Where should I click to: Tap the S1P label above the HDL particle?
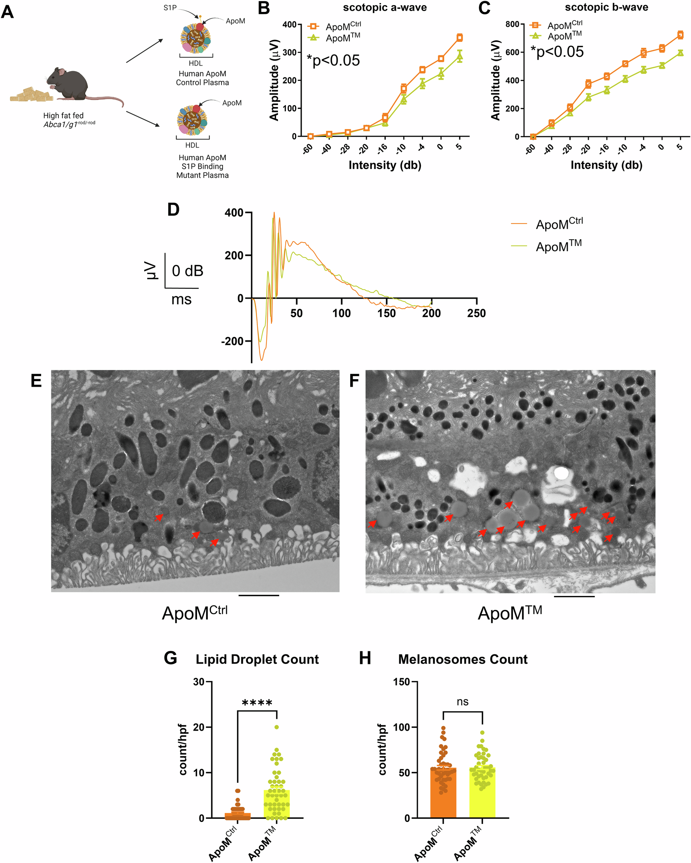[170, 8]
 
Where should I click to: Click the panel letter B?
[264, 8]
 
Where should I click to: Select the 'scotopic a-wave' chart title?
[385, 8]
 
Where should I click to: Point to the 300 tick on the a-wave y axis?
[289, 53]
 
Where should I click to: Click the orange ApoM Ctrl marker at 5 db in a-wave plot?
[460, 38]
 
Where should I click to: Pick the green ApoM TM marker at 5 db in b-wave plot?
[680, 53]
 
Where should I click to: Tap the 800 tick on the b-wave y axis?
[512, 24]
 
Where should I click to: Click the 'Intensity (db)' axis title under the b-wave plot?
[606, 165]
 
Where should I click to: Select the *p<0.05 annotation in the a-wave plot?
[333, 60]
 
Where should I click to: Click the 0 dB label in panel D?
[187, 271]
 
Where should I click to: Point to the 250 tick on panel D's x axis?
[476, 313]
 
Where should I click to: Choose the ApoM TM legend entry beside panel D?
[559, 246]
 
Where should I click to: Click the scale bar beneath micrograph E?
[259, 596]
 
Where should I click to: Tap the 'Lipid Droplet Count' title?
[257, 659]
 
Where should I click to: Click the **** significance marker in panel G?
[257, 703]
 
